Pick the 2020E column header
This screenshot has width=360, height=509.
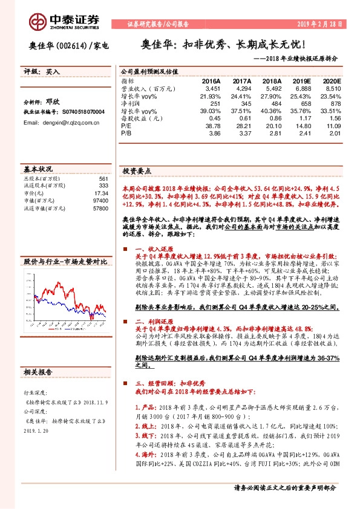coord(331,80)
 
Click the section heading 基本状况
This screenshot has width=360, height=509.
coord(38,169)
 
